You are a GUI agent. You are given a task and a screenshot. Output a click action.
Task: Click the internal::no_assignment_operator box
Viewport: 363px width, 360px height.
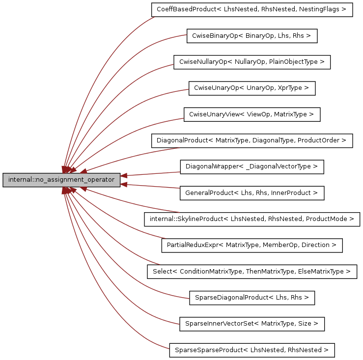[61, 180]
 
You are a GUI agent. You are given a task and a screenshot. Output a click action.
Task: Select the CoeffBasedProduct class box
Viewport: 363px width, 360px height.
[251, 9]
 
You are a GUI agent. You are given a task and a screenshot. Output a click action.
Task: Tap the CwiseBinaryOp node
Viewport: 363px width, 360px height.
[252, 36]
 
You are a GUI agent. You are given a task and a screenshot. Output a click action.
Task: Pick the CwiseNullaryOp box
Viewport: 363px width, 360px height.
[251, 62]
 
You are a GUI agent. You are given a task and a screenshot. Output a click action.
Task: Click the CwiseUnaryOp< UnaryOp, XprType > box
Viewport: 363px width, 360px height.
[251, 88]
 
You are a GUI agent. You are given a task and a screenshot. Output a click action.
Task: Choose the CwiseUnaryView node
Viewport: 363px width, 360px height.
[251, 114]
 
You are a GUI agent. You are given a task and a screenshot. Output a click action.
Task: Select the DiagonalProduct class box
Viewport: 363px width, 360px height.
[251, 140]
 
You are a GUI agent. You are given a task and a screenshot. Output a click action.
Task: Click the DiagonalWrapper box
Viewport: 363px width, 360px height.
[251, 166]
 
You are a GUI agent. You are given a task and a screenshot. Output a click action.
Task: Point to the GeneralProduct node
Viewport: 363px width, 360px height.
[251, 193]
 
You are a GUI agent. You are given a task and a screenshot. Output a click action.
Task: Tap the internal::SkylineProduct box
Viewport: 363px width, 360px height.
[251, 219]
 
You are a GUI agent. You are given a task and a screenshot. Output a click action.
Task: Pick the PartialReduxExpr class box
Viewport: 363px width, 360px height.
[251, 245]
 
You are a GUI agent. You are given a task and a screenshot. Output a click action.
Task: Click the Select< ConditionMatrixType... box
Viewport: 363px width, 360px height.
[251, 272]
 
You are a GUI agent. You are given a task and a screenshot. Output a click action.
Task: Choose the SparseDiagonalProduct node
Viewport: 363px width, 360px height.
[251, 298]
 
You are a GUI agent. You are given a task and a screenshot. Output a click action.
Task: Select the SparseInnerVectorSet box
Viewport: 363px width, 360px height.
[251, 324]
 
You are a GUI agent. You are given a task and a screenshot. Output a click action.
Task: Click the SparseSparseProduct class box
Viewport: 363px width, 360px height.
[251, 350]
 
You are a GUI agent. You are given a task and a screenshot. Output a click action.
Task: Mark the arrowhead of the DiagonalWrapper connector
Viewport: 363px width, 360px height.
[125, 175]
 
